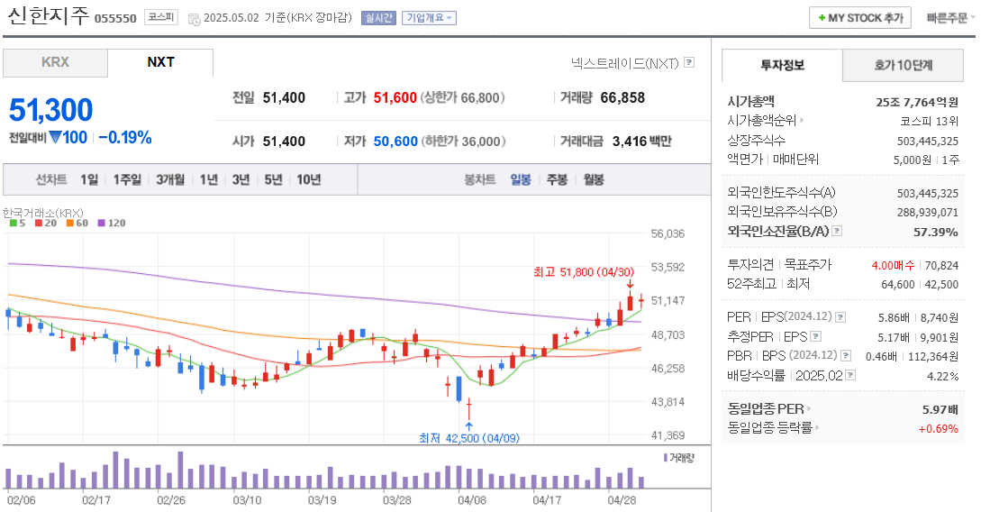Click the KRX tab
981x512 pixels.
(x=55, y=63)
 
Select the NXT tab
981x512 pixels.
(x=160, y=63)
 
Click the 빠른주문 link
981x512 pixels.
(x=946, y=18)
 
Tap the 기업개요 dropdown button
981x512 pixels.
(x=429, y=18)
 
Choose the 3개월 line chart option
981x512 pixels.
(x=170, y=179)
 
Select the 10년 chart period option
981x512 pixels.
(x=308, y=179)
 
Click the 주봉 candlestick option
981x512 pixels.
(x=557, y=179)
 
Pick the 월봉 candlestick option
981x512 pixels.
(x=594, y=179)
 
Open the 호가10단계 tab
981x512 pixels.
(x=904, y=66)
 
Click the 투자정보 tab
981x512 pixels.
(x=782, y=66)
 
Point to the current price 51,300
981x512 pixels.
(x=51, y=110)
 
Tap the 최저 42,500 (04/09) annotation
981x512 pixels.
(x=468, y=438)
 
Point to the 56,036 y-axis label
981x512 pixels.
(x=668, y=233)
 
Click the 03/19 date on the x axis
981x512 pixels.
(x=322, y=498)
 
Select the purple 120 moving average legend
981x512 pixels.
(x=113, y=223)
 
